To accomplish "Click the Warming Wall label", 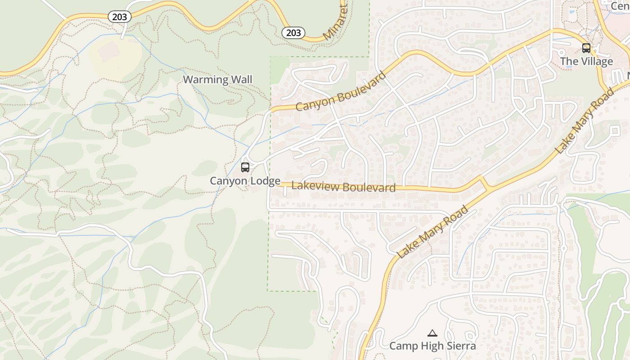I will tap(217, 80).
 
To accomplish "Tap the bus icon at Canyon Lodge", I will tap(245, 167).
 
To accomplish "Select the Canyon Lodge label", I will tap(245, 181).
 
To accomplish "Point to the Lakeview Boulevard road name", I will tap(343, 186).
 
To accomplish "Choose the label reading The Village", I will tap(586, 61).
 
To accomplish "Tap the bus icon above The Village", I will tap(586, 48).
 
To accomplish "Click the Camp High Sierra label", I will tap(432, 346).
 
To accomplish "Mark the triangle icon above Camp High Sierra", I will tap(432, 333).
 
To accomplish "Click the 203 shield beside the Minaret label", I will tap(293, 32).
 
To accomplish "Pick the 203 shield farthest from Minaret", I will tap(120, 17).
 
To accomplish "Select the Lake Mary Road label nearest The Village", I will tap(585, 121).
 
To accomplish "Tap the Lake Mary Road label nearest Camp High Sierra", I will tap(433, 232).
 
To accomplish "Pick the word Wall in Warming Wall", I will tap(241, 80).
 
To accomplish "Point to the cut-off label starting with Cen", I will tap(620, 6).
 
